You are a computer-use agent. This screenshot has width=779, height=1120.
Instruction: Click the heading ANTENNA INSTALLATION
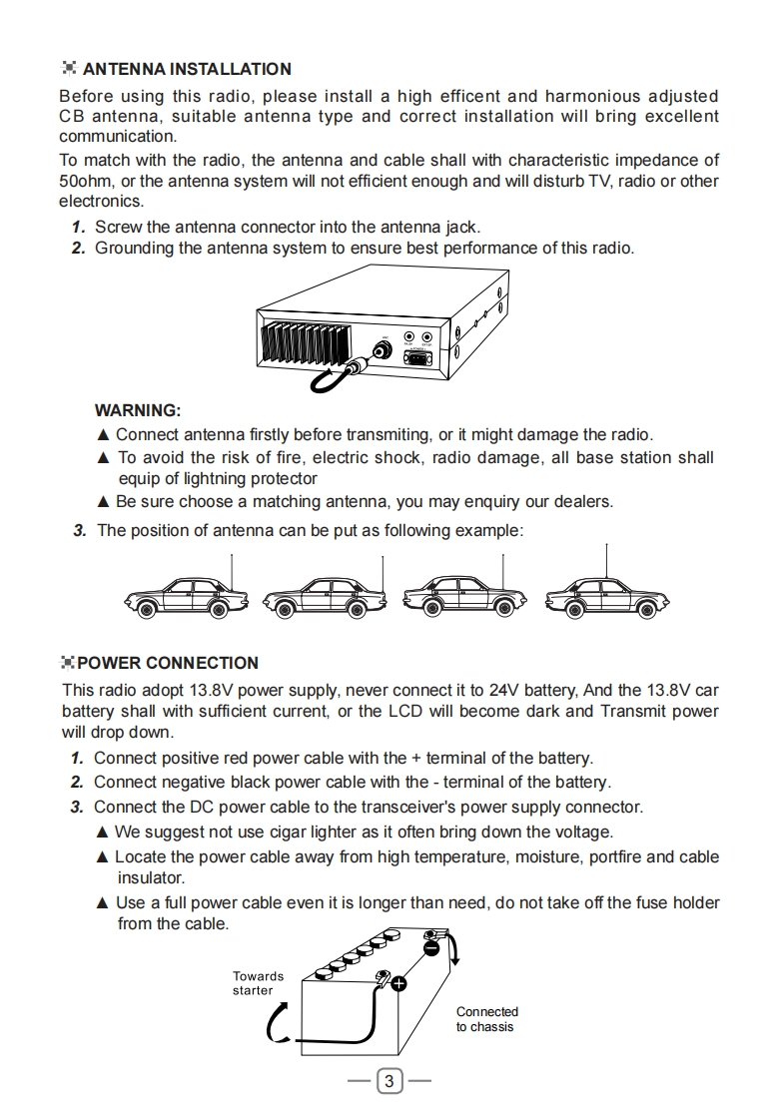click(x=187, y=69)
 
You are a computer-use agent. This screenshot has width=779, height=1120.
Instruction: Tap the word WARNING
click(x=138, y=410)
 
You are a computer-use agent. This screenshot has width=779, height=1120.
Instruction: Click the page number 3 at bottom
click(x=390, y=1080)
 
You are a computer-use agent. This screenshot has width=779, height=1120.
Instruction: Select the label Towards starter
click(x=258, y=983)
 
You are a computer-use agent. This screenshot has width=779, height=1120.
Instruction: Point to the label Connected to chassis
click(x=487, y=1019)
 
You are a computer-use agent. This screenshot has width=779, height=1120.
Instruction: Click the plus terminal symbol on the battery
click(x=398, y=984)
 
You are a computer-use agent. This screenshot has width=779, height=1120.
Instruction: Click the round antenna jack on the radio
click(x=381, y=350)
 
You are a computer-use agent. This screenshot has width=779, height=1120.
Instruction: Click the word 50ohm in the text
click(x=85, y=181)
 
